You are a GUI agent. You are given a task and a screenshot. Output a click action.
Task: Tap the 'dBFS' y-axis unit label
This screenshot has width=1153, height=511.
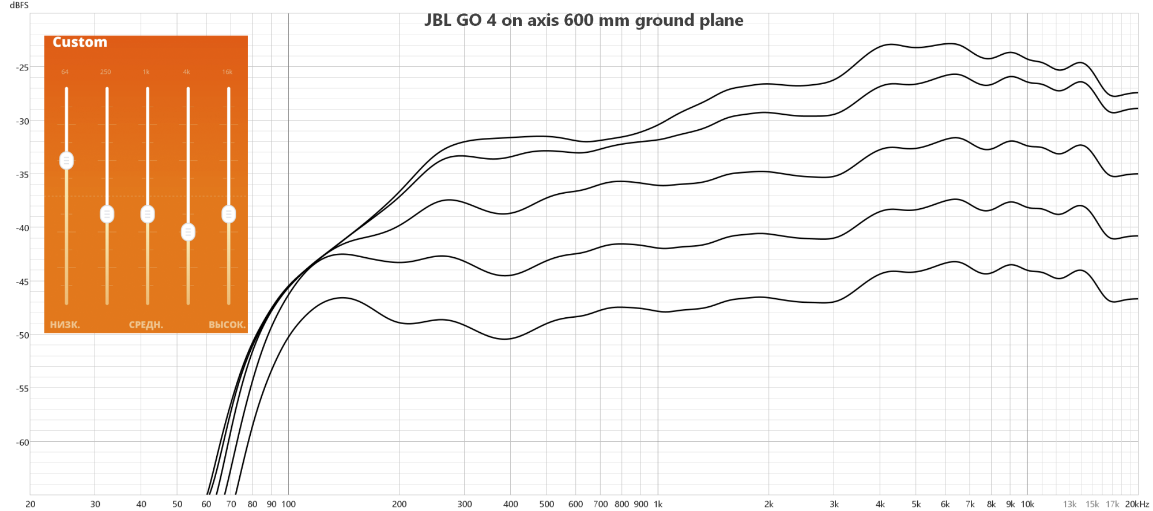(19, 5)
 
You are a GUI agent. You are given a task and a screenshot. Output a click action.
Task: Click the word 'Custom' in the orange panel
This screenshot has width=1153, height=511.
(80, 42)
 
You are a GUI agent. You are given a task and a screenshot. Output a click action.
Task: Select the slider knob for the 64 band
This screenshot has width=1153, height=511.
(66, 160)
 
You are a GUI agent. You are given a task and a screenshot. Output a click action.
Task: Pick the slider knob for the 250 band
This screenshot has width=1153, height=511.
(107, 214)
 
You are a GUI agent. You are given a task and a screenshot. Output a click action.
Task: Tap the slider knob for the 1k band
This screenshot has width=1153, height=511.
(148, 214)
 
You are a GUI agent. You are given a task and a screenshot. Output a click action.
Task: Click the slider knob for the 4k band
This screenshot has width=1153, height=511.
(188, 232)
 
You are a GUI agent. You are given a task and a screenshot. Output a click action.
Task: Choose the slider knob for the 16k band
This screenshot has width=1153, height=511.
(229, 214)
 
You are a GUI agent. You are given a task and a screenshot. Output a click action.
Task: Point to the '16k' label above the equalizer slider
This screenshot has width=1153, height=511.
(227, 72)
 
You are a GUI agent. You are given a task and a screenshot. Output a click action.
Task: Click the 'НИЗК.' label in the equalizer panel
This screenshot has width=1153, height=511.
(65, 325)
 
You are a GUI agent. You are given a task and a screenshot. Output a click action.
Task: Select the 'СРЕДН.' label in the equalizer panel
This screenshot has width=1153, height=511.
(146, 325)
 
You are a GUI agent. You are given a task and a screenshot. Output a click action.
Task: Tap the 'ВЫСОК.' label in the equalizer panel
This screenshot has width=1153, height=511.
(227, 325)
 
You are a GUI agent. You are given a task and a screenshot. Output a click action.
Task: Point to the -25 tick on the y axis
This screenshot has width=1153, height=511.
(22, 67)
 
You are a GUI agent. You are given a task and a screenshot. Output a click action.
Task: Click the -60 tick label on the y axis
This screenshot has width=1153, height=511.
(22, 442)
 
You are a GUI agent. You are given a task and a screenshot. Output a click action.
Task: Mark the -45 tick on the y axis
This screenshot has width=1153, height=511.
(22, 281)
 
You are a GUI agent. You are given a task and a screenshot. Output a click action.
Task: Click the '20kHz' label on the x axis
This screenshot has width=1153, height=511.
(1136, 504)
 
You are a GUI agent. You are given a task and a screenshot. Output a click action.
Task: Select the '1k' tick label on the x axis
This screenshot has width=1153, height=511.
(658, 504)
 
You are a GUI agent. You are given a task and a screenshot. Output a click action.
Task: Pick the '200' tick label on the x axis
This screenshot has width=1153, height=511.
(399, 504)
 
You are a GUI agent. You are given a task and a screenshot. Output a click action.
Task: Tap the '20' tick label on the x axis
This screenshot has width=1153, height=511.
(31, 504)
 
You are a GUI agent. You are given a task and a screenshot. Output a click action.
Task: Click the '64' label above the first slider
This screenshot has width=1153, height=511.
(65, 72)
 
